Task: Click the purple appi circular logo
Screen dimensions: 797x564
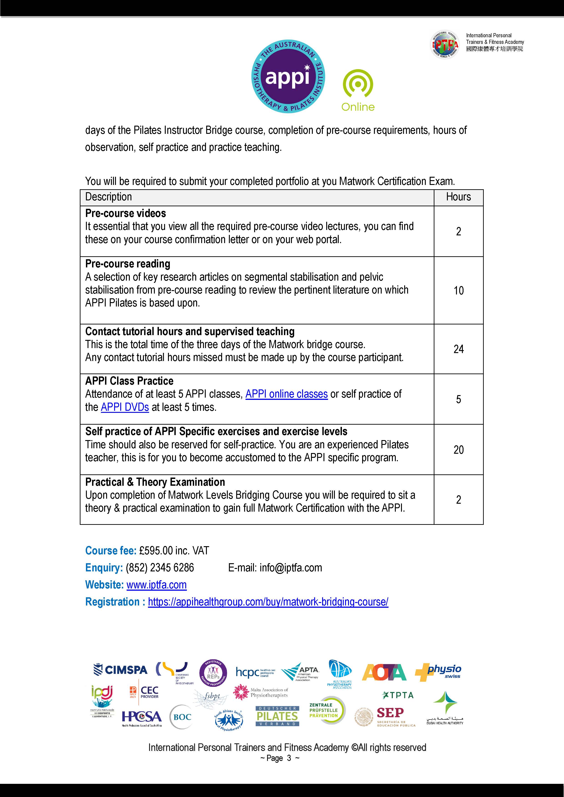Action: click(288, 76)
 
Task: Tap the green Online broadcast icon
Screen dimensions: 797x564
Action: click(358, 84)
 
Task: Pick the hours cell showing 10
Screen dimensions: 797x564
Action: click(459, 291)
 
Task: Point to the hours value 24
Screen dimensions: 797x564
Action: click(459, 349)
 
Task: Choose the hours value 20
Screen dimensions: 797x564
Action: click(459, 450)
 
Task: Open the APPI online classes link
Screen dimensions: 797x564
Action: click(286, 394)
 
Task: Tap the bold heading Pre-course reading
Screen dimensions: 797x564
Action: click(128, 264)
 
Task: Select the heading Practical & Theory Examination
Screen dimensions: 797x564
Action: click(155, 482)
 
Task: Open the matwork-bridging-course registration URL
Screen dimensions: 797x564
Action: click(268, 602)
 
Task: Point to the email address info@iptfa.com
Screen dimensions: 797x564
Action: click(291, 568)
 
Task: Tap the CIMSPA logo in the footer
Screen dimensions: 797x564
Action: click(120, 670)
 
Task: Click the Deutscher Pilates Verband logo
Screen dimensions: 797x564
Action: click(277, 716)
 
